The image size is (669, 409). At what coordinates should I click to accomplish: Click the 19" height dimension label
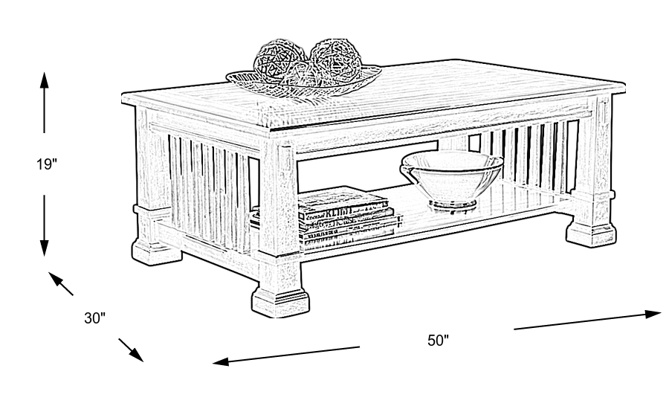click(x=46, y=164)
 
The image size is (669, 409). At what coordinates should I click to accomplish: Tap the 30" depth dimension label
click(x=95, y=318)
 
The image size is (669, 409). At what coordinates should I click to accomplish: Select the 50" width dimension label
click(x=439, y=341)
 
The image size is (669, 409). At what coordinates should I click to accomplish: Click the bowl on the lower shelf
click(x=451, y=177)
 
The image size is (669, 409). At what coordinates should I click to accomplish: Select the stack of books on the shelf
click(x=346, y=215)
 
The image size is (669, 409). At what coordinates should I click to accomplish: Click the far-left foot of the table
click(x=156, y=251)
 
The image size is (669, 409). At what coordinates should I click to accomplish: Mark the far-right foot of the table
click(x=591, y=231)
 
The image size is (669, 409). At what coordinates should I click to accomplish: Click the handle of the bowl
click(x=407, y=172)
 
